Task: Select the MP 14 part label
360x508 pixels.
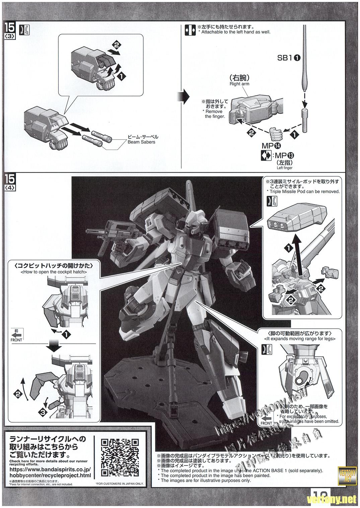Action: [x=272, y=146]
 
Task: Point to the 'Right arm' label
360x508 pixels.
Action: [x=239, y=84]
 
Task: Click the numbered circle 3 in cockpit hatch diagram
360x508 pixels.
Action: [x=42, y=413]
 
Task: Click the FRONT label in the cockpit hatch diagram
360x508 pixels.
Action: [x=16, y=340]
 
